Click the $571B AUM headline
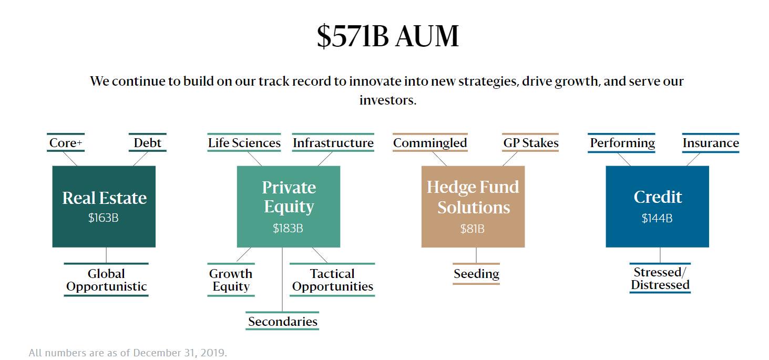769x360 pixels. tap(387, 36)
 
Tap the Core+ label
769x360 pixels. tap(66, 143)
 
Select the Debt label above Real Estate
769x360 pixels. tap(147, 143)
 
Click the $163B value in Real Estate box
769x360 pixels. tap(104, 218)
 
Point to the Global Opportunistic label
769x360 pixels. tap(106, 280)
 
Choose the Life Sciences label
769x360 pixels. tap(244, 143)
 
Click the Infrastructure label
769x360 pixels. tap(333, 143)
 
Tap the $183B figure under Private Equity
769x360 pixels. tap(288, 228)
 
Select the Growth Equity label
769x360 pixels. tap(231, 280)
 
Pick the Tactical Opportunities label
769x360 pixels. tap(332, 280)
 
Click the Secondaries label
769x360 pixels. tap(283, 322)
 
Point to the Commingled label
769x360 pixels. tap(430, 143)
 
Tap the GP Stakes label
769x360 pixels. tap(531, 143)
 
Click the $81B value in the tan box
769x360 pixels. tap(473, 229)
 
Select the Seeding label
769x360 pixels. tap(476, 274)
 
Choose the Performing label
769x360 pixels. tap(622, 143)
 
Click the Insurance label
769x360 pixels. tap(711, 143)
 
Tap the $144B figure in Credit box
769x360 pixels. tap(657, 218)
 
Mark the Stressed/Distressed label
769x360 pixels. tap(660, 279)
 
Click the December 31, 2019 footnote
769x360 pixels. tap(128, 353)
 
